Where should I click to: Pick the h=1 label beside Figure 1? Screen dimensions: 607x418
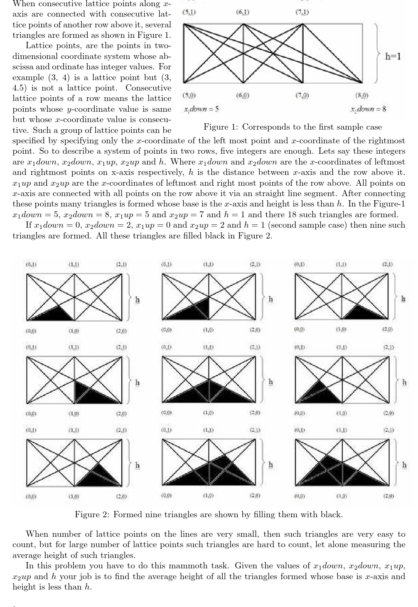point(393,56)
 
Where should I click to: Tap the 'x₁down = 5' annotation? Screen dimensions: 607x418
point(202,109)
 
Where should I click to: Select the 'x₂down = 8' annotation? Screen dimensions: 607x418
point(369,109)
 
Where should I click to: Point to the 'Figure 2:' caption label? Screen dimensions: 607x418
point(92,514)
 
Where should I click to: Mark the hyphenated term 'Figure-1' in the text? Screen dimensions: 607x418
point(390,204)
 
